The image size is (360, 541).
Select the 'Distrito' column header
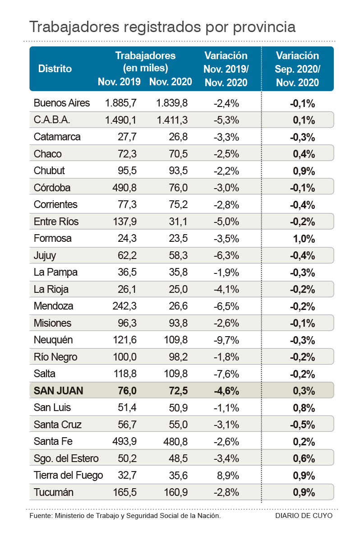[x=55, y=69]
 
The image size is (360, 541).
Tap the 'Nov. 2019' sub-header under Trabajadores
[x=120, y=82]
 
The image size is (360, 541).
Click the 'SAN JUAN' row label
[x=59, y=391]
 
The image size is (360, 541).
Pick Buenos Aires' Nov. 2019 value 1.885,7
[x=121, y=103]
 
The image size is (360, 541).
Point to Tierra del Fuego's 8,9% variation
[x=226, y=476]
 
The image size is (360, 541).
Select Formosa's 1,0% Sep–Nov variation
[x=304, y=239]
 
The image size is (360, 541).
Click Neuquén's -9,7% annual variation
[x=226, y=340]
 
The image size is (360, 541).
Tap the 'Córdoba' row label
[x=52, y=188]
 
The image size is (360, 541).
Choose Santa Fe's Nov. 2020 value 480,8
[x=172, y=442]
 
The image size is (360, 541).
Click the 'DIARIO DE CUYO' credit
[x=304, y=515]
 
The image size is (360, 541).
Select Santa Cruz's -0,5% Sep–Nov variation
[x=302, y=425]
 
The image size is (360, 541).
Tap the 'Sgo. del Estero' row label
[x=66, y=458]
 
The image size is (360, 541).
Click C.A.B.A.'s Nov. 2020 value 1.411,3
[x=172, y=120]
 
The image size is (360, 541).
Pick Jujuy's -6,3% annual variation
[x=226, y=255]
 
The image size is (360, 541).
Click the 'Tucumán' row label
[x=54, y=492]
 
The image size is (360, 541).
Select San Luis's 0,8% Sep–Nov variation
[x=304, y=408]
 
